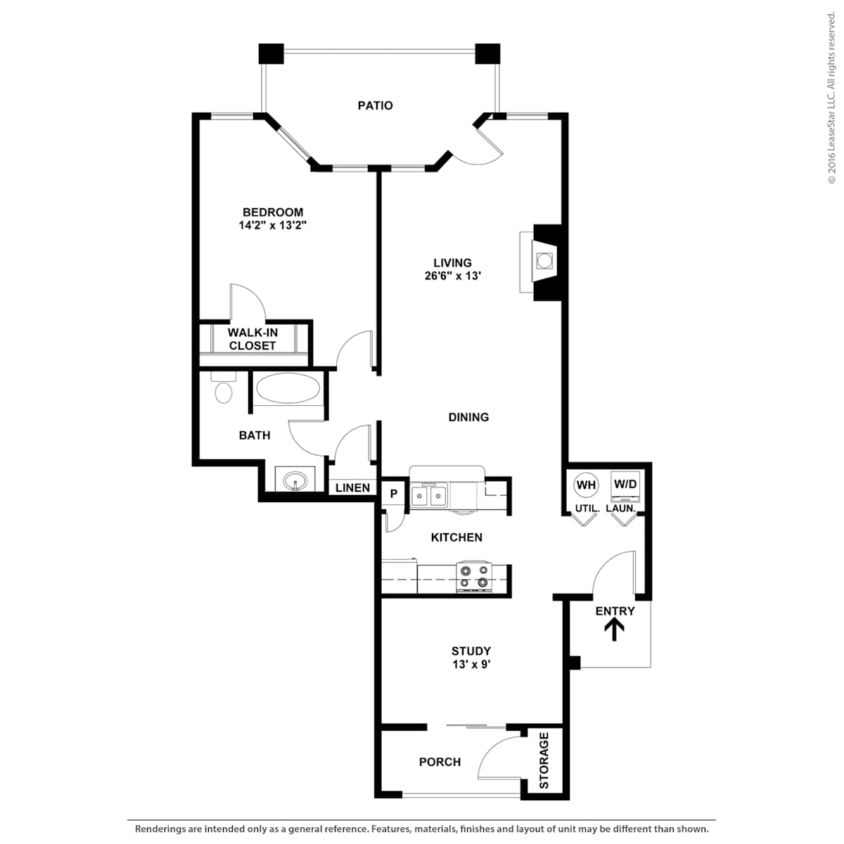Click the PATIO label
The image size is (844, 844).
pos(375,105)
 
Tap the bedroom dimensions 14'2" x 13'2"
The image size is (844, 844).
pos(272,226)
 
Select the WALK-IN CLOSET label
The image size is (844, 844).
pos(252,339)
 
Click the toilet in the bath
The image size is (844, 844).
pos(224,387)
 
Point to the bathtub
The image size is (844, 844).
pos(288,388)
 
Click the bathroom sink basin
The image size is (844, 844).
pos(295,481)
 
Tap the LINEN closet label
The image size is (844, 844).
pos(352,487)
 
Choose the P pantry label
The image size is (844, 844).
pos(394,494)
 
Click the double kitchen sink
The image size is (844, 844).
pos(429,496)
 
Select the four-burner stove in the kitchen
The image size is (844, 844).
pos(474,577)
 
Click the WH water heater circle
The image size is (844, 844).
pos(586,485)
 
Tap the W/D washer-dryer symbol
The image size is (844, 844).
pos(625,486)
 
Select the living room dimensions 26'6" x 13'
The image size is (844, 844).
pos(453,276)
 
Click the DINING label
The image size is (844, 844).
pos(468,417)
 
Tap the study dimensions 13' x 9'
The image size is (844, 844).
pos(471,665)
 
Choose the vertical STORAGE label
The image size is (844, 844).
pos(544,760)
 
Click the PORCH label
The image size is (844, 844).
pos(440,762)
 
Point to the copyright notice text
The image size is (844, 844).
pos(831,98)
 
